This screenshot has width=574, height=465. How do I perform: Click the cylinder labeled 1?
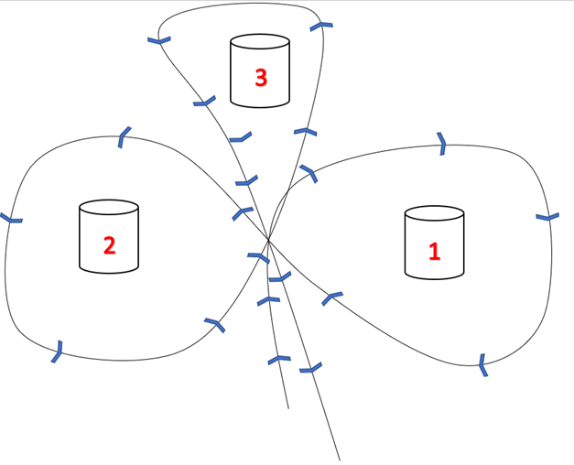(434, 243)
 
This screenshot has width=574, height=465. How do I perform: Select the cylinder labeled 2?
(109, 237)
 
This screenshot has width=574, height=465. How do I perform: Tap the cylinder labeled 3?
(260, 70)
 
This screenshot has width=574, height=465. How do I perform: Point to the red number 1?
(435, 251)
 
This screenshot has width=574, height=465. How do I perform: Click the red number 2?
(109, 244)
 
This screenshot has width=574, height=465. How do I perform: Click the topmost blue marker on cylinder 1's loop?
(441, 142)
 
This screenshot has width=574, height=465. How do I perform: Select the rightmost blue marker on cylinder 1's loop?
(547, 217)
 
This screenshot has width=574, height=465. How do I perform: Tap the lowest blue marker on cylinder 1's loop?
(482, 365)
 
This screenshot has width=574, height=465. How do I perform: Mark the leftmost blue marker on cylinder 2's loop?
(11, 219)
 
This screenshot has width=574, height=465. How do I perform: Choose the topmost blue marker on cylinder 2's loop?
(124, 138)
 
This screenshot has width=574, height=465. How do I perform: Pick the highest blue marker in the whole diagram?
(319, 26)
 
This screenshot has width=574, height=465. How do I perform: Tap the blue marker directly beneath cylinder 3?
(240, 138)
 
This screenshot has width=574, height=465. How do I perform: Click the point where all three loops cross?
(268, 241)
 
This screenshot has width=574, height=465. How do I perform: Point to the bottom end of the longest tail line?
(340, 460)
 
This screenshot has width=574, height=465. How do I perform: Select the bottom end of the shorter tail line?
(288, 408)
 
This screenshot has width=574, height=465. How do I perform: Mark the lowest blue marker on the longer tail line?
(311, 369)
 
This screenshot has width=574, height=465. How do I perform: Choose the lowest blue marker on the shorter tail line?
(277, 360)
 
